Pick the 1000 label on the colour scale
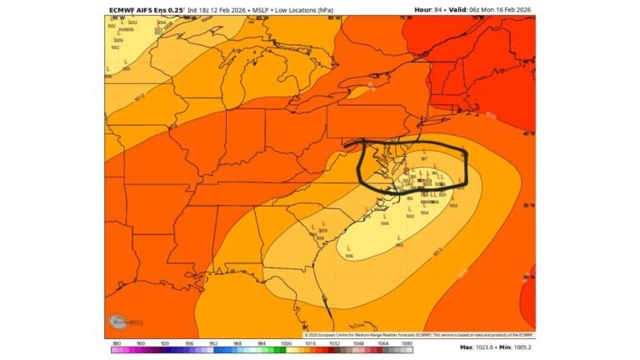tap(287, 342)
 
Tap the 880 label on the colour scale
tap(116, 342)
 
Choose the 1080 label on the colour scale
tap(407, 342)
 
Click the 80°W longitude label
tap(333, 18)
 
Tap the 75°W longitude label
tap(407, 18)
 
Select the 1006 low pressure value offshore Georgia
tap(349, 256)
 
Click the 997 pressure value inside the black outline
tap(424, 158)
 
